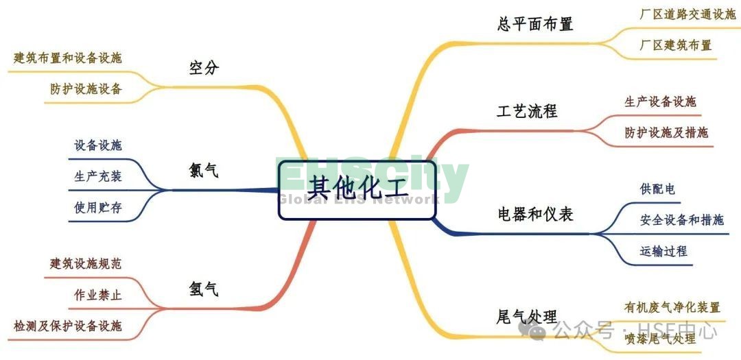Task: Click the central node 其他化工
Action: point(357,187)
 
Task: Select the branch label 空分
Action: point(204,68)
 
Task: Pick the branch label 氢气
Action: point(204,289)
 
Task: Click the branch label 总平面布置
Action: point(534,24)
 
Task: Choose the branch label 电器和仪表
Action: point(534,214)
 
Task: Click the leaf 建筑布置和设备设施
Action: point(68,58)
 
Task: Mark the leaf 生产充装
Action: point(97,176)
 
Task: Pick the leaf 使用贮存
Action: point(97,207)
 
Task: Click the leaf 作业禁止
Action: point(97,295)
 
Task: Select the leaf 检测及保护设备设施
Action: point(68,326)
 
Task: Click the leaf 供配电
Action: point(657,189)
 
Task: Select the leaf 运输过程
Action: point(663,251)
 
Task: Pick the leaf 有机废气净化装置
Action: point(672,307)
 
